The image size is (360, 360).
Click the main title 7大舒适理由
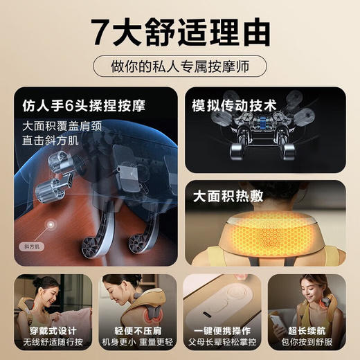[x=179, y=31]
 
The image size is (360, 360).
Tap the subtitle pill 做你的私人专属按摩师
[x=179, y=68]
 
